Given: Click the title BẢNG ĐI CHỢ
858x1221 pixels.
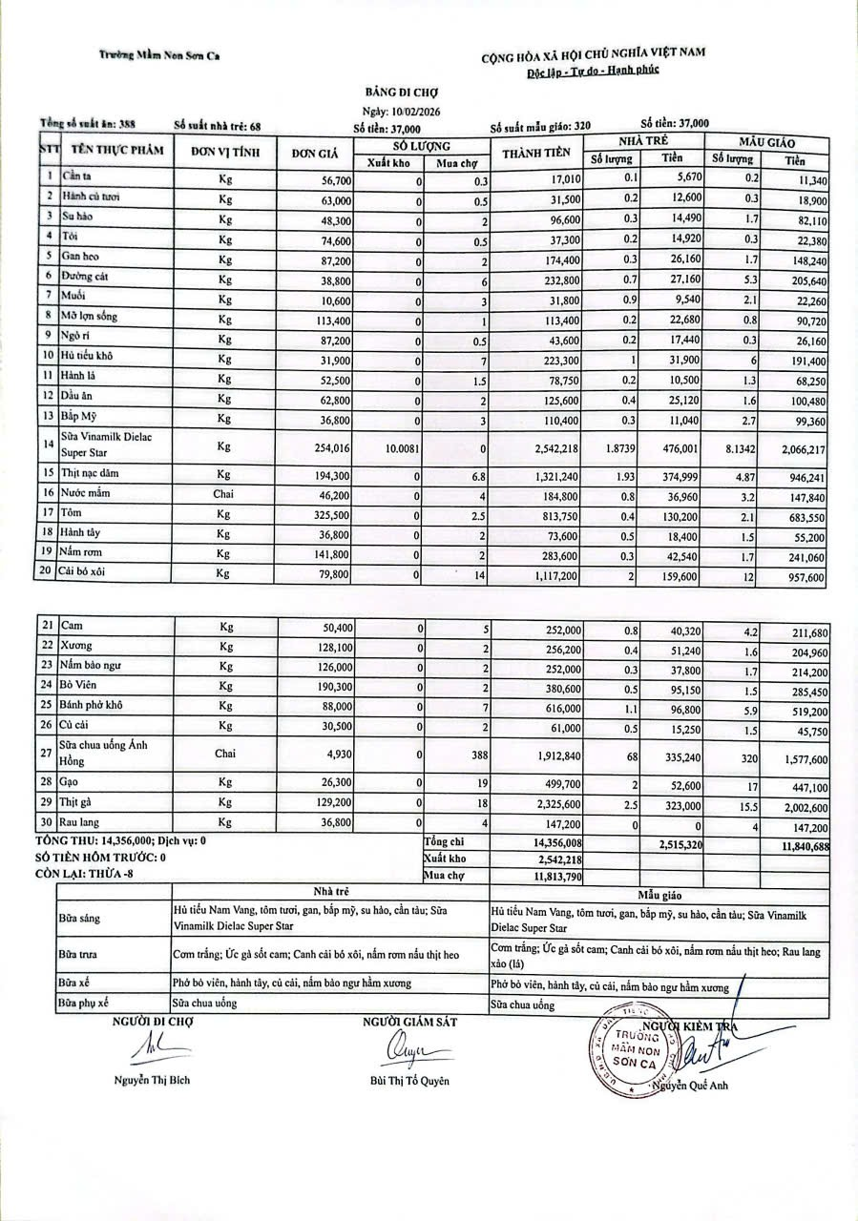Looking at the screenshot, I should point(400,93).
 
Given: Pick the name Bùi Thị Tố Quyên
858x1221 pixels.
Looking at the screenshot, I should point(409,1081).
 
